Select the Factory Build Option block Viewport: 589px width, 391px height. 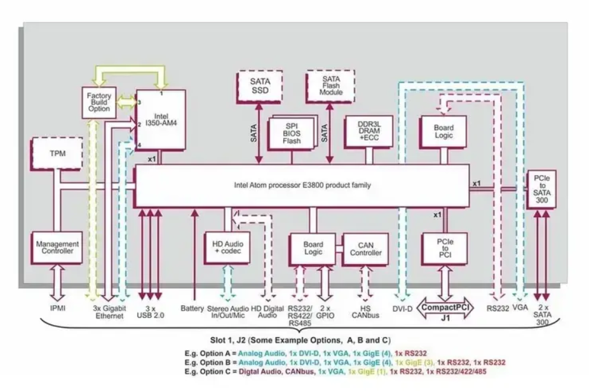(x=98, y=102)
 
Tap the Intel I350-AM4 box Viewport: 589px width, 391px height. (x=162, y=119)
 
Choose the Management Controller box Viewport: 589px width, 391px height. (x=57, y=248)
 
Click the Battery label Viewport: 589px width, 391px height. (x=192, y=308)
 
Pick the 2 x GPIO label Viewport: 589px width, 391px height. (x=325, y=312)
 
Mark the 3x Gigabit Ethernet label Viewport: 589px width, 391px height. (x=105, y=312)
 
